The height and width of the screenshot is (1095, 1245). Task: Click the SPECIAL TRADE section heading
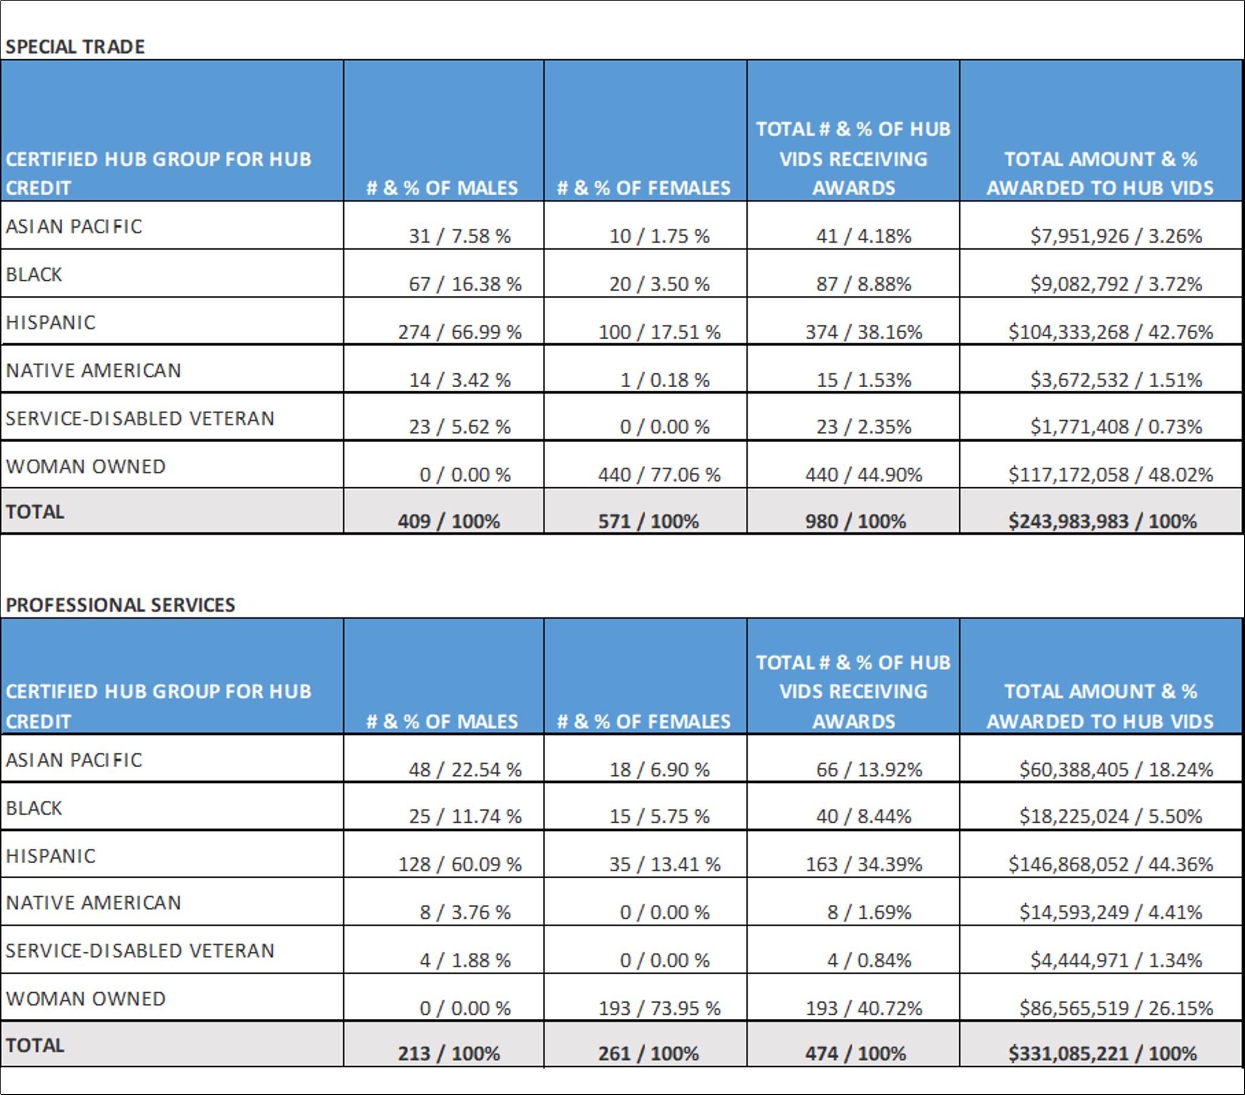(x=75, y=47)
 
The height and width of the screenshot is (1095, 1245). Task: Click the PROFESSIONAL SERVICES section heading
(x=120, y=605)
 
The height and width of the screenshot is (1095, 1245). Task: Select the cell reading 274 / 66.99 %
(x=460, y=332)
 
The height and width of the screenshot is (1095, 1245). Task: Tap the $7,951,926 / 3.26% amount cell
(x=1116, y=236)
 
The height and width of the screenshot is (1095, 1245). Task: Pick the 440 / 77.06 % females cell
(x=659, y=474)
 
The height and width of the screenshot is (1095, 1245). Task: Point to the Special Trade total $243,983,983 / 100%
(x=1102, y=521)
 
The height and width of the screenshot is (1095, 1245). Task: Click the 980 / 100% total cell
(x=855, y=521)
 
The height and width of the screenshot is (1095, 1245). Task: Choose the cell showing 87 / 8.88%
(x=864, y=284)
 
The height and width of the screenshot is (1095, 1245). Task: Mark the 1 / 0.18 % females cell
(x=664, y=380)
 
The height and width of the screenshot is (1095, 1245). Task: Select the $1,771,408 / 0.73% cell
(x=1116, y=426)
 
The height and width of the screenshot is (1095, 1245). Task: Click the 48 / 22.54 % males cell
(x=465, y=769)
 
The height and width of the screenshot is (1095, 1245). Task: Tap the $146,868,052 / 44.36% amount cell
(x=1110, y=864)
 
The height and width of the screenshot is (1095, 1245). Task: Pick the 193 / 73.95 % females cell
(x=659, y=1008)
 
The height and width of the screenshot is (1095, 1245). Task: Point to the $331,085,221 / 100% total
(x=1102, y=1053)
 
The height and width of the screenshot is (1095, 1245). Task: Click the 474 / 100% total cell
(x=855, y=1053)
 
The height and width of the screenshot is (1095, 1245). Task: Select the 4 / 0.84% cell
(x=869, y=960)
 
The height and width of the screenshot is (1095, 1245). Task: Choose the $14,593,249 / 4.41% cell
(x=1110, y=911)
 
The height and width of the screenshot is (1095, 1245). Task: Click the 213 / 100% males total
(x=449, y=1053)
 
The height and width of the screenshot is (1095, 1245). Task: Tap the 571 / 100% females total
(x=648, y=521)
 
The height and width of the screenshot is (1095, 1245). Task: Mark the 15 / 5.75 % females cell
(x=659, y=816)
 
